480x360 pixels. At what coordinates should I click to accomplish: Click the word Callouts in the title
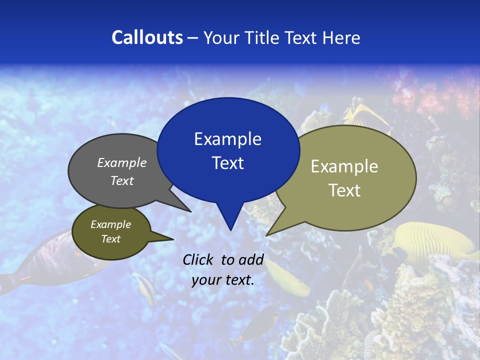pos(147,37)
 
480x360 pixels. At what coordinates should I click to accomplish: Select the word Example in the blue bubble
pos(227,139)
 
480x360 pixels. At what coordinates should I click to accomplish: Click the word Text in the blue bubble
pos(227,163)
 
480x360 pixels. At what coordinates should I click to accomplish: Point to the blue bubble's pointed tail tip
pos(230,229)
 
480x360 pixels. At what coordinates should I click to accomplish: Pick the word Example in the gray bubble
pos(122,163)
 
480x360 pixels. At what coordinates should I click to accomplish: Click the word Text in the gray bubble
pos(122,180)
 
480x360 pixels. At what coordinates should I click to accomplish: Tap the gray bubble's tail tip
pos(190,211)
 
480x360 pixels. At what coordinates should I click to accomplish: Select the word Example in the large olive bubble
pos(344,166)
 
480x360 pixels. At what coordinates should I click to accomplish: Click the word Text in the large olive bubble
pos(344,190)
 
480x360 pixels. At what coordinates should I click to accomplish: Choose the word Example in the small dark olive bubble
pos(110,224)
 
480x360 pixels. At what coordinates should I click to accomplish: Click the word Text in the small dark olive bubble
pos(110,239)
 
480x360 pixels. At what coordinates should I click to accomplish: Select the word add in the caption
pos(250,259)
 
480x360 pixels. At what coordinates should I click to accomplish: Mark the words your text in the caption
pos(223,280)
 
